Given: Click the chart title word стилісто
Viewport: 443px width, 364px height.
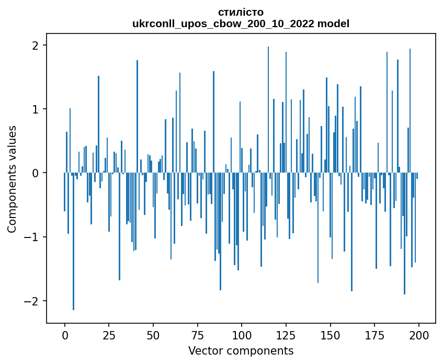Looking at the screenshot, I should point(241,12).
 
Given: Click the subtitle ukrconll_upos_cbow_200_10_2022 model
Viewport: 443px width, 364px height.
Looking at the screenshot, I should point(241,24).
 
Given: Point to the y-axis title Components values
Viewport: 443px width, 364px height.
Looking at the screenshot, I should point(12,179).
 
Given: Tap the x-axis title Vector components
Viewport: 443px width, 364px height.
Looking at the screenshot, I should point(241,350).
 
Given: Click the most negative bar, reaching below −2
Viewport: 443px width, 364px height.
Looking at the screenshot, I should point(74,246).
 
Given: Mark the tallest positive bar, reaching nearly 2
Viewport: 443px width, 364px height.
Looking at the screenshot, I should point(268,110).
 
